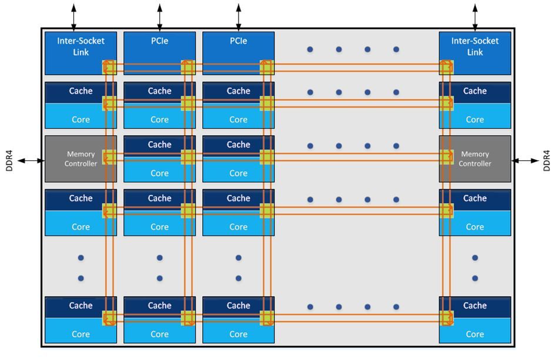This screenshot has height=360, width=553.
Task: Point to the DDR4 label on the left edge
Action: click(9, 160)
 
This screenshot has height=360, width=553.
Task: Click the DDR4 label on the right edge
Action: click(546, 160)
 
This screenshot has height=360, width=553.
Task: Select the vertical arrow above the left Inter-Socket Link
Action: click(73, 17)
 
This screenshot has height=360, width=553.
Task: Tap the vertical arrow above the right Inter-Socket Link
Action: click(475, 17)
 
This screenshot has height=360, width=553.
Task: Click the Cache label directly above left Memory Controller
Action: click(81, 91)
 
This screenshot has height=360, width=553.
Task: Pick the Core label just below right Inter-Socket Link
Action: click(474, 119)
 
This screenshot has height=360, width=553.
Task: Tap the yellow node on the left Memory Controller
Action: click(109, 157)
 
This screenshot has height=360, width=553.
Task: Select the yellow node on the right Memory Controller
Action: click(447, 157)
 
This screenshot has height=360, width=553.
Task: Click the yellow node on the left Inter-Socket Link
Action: click(109, 68)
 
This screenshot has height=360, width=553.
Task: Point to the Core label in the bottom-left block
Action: click(81, 334)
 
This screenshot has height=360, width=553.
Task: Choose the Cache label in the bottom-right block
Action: click(474, 305)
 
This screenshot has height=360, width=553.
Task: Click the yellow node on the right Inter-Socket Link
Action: click(447, 68)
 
